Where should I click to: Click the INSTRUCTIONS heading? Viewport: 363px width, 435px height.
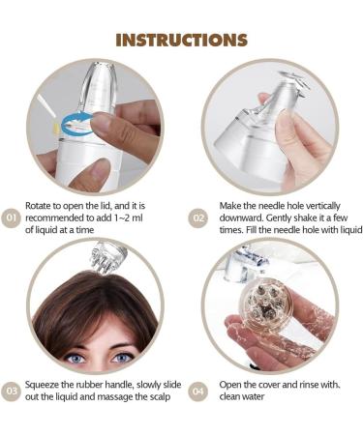tap(181, 40)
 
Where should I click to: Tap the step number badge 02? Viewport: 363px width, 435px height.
tap(197, 217)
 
